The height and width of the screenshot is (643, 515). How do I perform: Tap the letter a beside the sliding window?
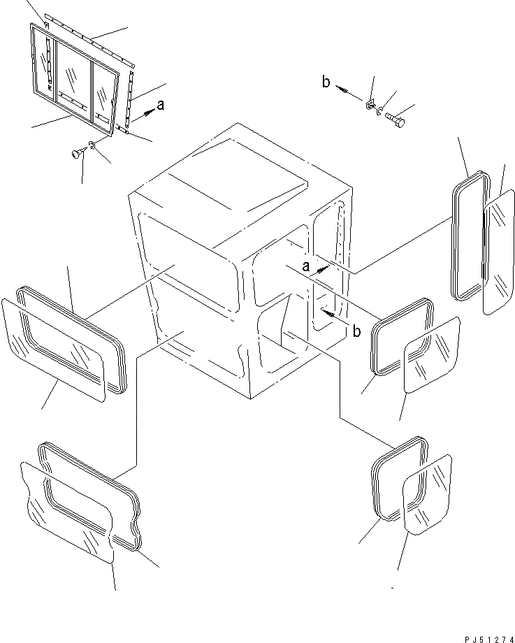point(161,105)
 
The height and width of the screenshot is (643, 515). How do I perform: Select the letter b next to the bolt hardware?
point(326,82)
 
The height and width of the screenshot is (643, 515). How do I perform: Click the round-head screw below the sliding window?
point(76,153)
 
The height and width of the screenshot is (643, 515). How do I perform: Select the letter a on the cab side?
point(305,266)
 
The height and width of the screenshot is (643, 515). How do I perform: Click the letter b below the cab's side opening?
point(356,331)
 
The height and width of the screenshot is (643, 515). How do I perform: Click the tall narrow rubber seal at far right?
point(467,238)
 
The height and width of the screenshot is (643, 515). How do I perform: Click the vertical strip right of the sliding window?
point(131,98)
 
